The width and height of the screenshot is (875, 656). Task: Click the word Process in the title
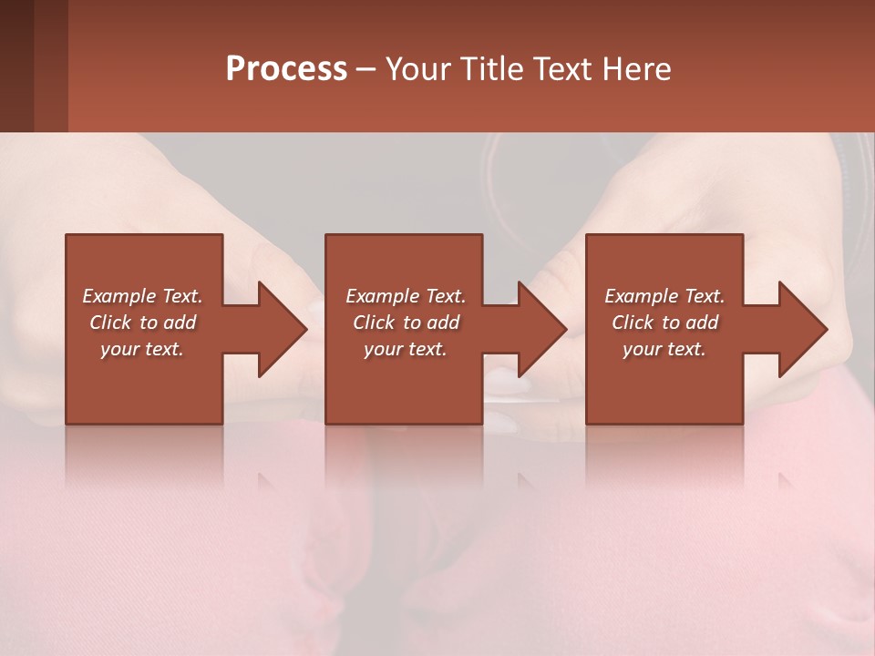(286, 69)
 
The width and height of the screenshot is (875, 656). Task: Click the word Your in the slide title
(418, 69)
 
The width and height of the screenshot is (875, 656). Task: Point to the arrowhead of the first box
(278, 329)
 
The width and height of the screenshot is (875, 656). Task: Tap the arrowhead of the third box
(798, 329)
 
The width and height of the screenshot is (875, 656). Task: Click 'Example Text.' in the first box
(142, 296)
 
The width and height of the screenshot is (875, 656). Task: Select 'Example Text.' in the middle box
(406, 296)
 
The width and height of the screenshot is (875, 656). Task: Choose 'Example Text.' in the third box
(664, 296)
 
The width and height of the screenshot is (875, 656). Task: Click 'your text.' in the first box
(142, 349)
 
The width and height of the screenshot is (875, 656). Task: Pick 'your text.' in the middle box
(406, 349)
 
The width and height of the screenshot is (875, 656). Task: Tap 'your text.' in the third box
(664, 349)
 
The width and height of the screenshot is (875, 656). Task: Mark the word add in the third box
(703, 323)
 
